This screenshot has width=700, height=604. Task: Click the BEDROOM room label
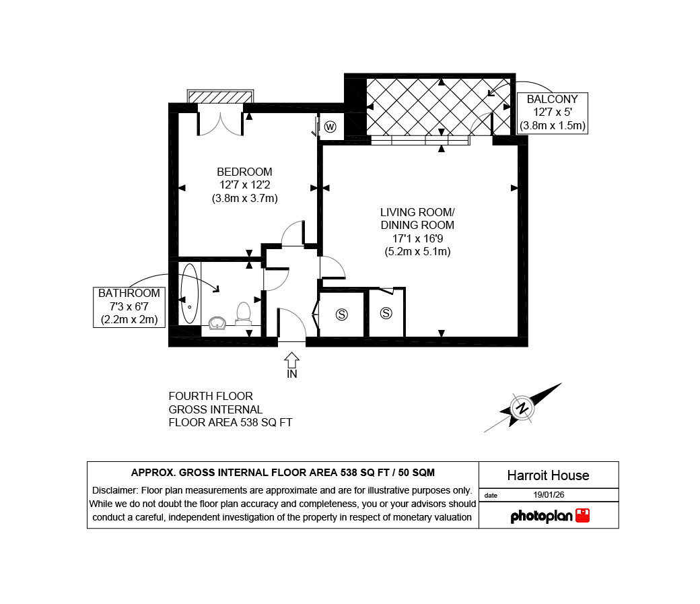(x=244, y=172)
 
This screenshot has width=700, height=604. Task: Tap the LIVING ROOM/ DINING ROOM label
(x=417, y=218)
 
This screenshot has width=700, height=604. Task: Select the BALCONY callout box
(x=552, y=112)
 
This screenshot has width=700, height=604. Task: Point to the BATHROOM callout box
(x=129, y=307)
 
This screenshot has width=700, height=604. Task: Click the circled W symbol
(x=330, y=127)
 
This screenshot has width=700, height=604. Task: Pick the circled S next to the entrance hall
(x=341, y=314)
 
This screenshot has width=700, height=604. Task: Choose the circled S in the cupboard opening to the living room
(x=386, y=313)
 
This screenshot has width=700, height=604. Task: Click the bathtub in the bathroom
(x=189, y=294)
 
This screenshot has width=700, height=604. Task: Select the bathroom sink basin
(x=218, y=323)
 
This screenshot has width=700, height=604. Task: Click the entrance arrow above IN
(x=291, y=360)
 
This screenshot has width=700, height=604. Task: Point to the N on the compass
(x=522, y=407)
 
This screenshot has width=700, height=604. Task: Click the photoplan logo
(x=550, y=516)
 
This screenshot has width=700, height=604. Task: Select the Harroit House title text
(x=548, y=475)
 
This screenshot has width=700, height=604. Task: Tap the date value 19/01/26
(x=549, y=494)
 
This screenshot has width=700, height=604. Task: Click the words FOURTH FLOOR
(x=211, y=396)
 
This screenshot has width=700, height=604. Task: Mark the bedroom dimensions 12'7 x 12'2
(x=244, y=185)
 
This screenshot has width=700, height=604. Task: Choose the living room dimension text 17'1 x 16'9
(x=417, y=238)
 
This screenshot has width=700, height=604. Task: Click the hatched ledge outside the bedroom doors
(x=221, y=97)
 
